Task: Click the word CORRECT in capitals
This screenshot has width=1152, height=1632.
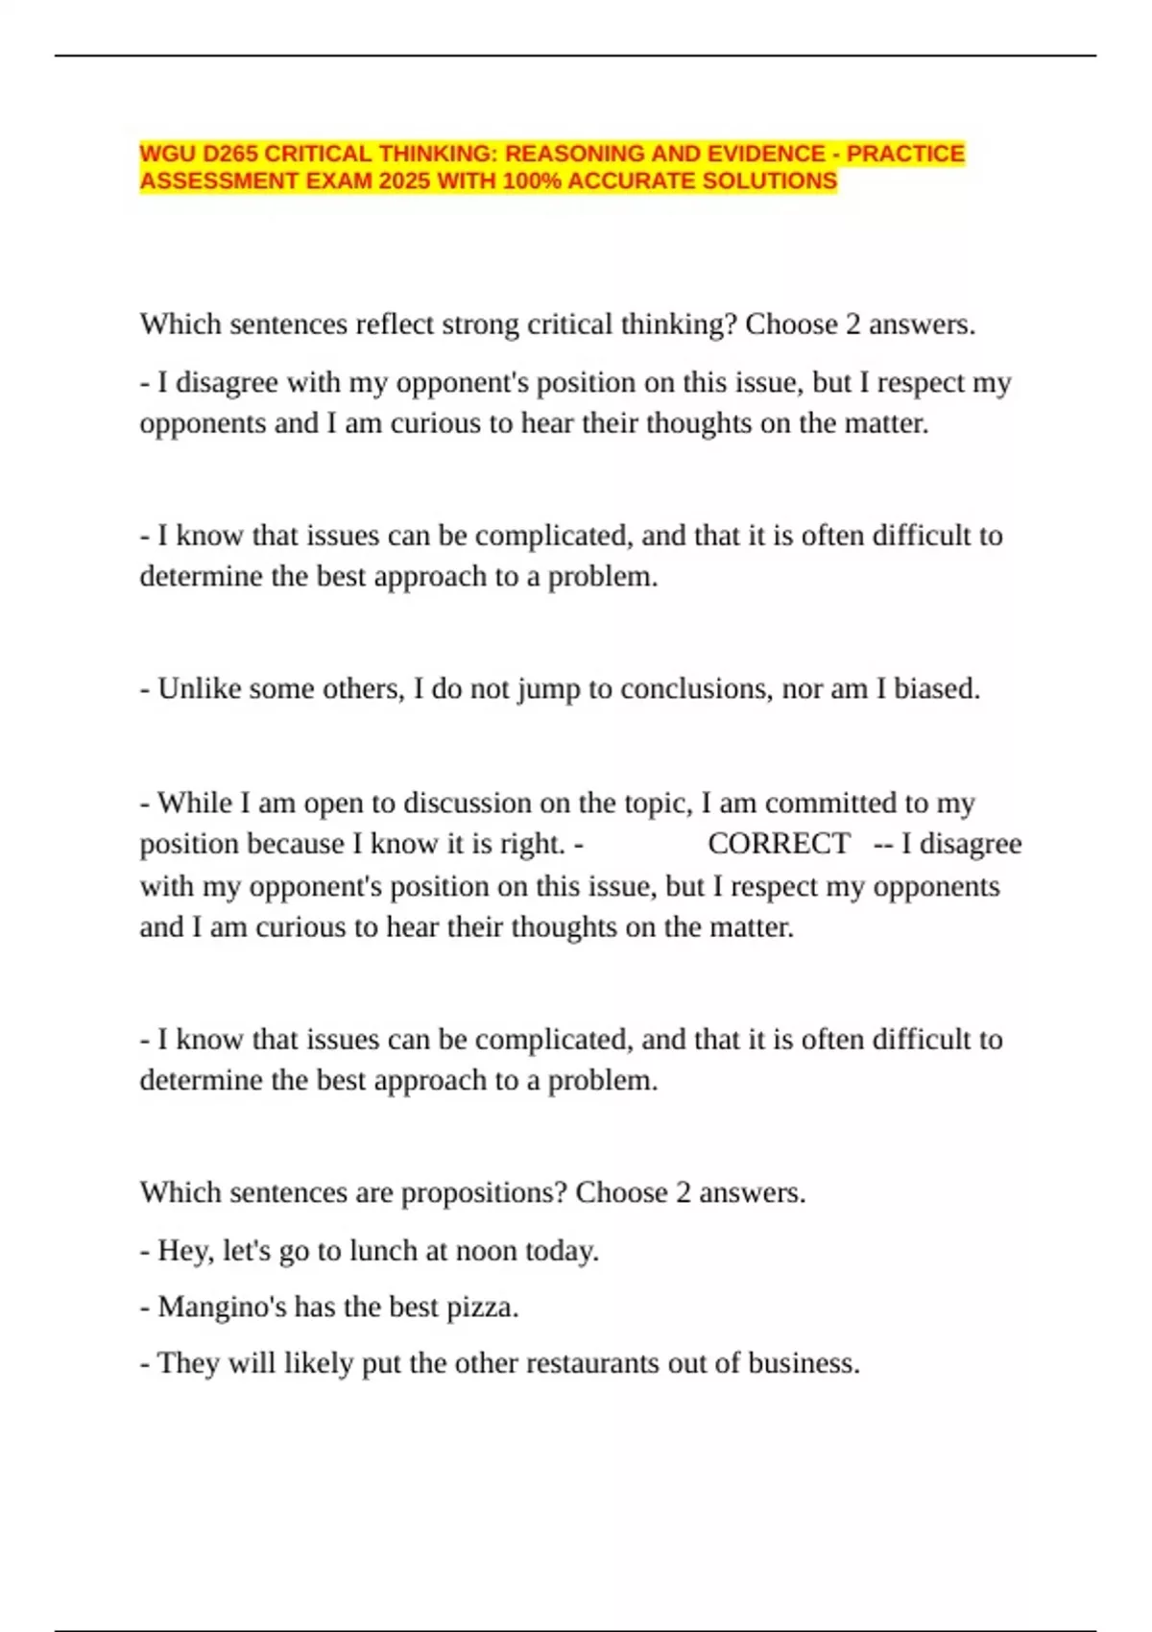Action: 779,843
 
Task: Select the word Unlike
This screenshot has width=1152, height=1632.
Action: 200,688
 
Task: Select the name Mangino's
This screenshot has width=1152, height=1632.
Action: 222,1307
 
